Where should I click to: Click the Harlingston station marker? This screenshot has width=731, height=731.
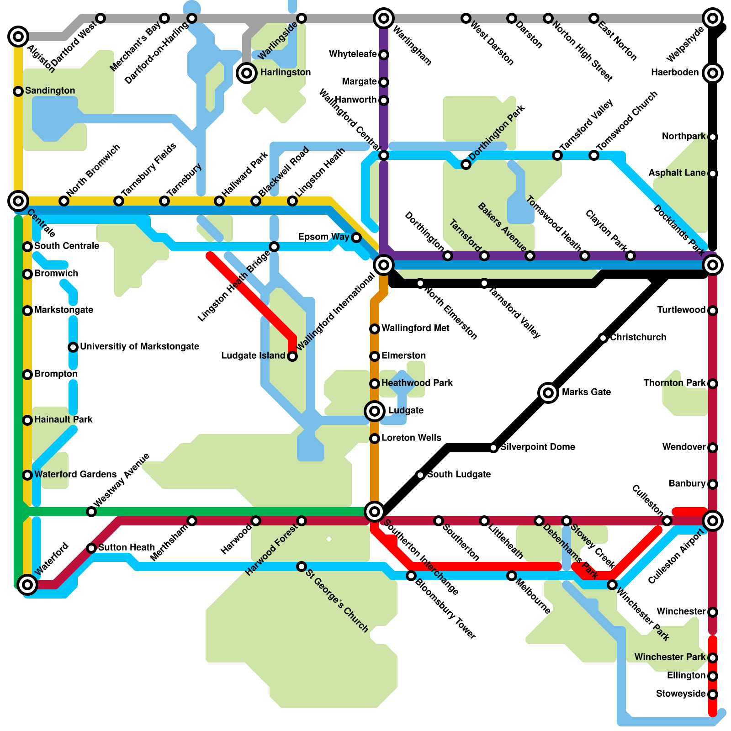point(247,73)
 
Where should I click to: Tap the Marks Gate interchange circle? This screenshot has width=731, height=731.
point(548,392)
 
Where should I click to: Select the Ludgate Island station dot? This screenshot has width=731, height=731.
point(292,356)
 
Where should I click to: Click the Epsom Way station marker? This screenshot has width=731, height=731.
point(356,238)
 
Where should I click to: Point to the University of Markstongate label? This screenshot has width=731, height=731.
point(139,346)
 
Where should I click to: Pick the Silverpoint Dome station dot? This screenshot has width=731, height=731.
point(493,448)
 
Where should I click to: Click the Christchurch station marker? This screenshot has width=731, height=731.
point(603,338)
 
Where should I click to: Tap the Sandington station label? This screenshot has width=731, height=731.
point(50,90)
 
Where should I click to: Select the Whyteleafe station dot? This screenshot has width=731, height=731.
point(384,55)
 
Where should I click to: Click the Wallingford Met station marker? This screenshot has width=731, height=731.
point(375,329)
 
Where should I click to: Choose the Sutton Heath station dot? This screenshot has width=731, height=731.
point(91,548)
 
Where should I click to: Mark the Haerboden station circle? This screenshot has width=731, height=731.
point(713,73)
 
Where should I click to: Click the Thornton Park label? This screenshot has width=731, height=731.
point(674,383)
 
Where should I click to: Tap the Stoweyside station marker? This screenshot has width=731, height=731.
point(713,694)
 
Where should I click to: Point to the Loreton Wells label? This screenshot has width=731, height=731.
point(411,438)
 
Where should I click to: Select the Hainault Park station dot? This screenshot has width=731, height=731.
point(27,420)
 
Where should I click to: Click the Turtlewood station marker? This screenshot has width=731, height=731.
point(713,311)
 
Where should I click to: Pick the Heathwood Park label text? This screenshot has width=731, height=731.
point(417,383)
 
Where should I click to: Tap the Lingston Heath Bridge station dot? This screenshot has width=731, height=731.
point(274,247)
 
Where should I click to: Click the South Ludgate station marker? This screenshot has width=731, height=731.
point(420,475)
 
